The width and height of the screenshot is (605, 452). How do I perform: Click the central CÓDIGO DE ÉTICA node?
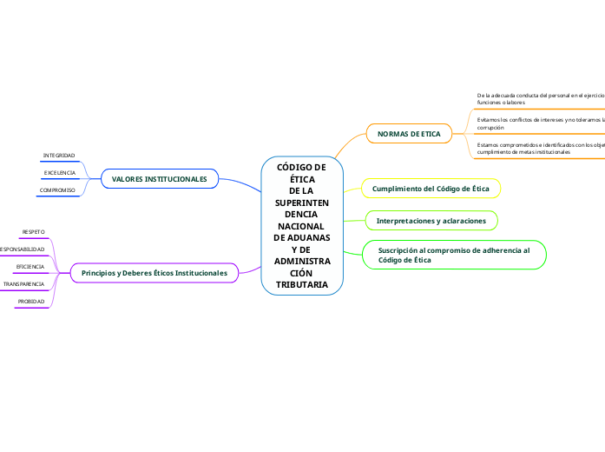click(302, 225)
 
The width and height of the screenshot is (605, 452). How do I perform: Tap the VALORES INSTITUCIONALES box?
click(159, 179)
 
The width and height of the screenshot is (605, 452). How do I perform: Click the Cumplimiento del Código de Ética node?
click(431, 189)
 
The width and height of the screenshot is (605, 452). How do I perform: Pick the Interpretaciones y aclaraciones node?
click(431, 221)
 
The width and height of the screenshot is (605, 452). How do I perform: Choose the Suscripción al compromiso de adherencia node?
click(454, 254)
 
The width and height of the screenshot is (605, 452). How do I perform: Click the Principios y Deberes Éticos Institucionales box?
click(154, 273)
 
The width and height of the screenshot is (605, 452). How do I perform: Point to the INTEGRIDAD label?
click(59, 156)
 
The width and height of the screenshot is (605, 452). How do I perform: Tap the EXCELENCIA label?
click(59, 173)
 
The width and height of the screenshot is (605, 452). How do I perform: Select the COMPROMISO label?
click(57, 189)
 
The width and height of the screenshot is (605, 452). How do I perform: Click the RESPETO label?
click(33, 232)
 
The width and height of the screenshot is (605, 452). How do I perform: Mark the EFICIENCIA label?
click(30, 267)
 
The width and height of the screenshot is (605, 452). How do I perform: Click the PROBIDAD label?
click(31, 302)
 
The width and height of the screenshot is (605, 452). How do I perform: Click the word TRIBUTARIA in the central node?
click(302, 284)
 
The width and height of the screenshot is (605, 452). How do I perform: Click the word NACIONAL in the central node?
click(302, 225)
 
